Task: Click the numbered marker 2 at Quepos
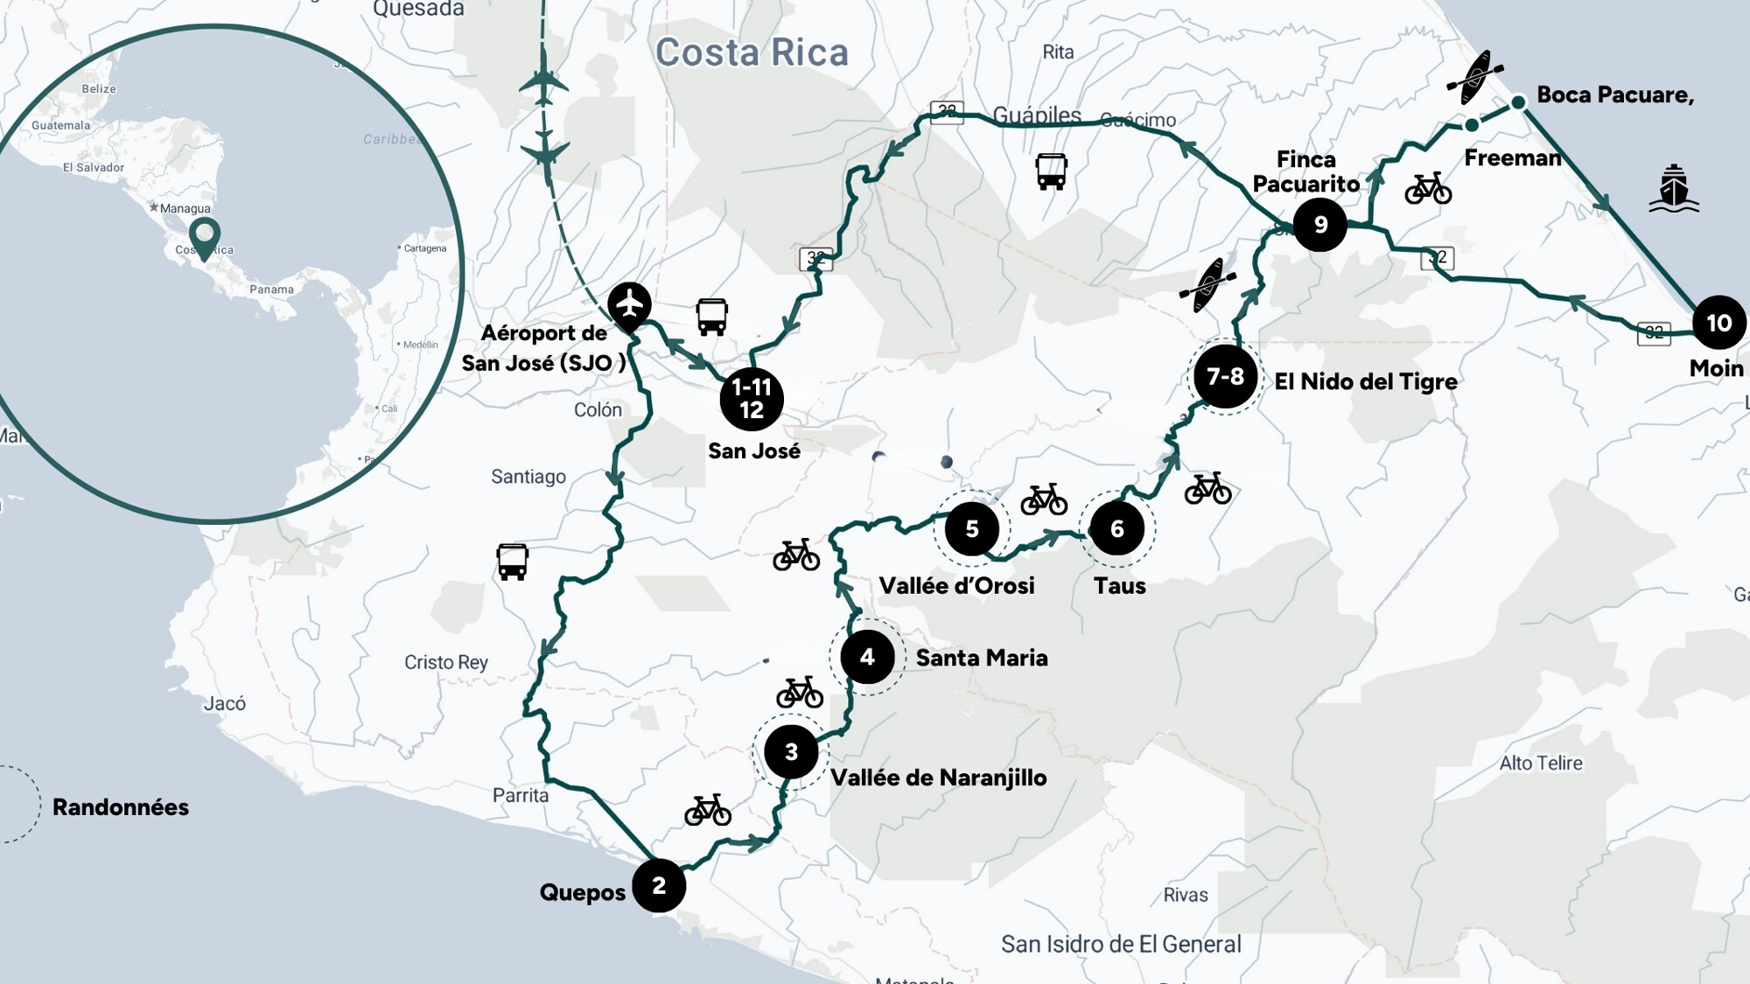(659, 885)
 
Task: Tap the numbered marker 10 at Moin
(1718, 323)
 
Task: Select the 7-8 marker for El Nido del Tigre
(1225, 376)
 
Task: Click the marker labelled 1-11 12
(751, 399)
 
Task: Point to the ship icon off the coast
(1673, 189)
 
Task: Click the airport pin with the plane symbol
(629, 304)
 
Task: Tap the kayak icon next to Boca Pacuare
(1475, 78)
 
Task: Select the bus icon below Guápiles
(1051, 171)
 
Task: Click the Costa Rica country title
(752, 52)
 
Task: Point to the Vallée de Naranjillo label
(938, 778)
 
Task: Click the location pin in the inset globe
(205, 236)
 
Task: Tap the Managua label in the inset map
(185, 208)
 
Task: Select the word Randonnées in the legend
(121, 806)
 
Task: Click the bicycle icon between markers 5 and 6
(1044, 499)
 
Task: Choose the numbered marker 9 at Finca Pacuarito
(1319, 225)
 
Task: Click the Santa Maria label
(981, 658)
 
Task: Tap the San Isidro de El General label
(1121, 945)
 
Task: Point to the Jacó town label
(225, 703)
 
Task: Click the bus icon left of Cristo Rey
(512, 562)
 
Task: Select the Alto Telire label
(1540, 763)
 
